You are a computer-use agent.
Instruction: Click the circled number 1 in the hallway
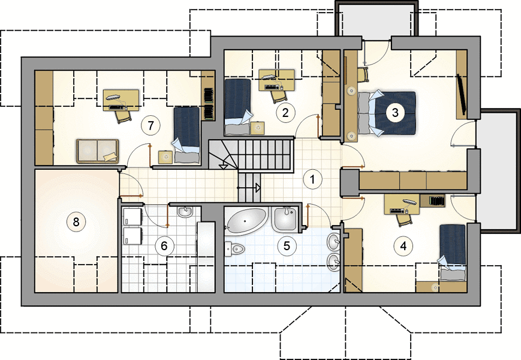312,179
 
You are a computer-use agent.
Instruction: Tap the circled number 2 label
285,113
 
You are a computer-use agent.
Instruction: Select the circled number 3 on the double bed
395,112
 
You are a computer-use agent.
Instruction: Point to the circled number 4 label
403,246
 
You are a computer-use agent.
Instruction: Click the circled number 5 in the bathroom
287,245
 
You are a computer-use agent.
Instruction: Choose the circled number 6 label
164,246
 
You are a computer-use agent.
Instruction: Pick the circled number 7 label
151,125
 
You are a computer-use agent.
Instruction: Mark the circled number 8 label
76,221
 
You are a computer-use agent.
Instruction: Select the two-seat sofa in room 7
97,151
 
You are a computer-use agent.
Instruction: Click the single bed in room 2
237,106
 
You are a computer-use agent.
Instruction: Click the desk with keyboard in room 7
121,100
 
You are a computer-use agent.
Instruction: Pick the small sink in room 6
185,211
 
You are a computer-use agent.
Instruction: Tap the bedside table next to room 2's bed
258,128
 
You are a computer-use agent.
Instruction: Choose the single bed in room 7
186,134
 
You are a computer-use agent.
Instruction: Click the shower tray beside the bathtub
285,219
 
